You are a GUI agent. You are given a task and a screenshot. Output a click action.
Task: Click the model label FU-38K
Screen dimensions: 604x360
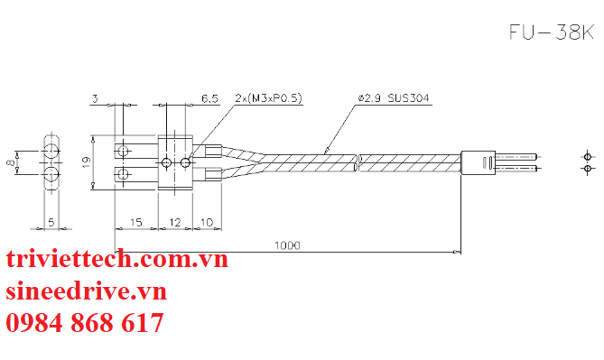(552, 32)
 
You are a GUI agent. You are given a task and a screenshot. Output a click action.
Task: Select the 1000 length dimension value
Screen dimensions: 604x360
(287, 245)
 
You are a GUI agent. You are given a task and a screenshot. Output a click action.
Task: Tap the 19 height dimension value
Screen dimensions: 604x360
(86, 162)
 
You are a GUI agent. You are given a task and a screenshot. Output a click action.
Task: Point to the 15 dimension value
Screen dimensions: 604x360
(136, 222)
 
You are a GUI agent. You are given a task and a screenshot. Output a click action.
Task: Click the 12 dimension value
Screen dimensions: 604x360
(174, 222)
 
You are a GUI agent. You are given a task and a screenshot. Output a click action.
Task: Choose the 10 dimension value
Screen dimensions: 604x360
(207, 222)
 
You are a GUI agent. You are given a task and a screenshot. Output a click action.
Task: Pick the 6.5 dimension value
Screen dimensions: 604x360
(210, 99)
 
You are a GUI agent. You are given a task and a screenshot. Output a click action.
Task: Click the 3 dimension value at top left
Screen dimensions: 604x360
(95, 98)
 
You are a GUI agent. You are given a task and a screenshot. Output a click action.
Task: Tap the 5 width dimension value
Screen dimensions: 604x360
(51, 222)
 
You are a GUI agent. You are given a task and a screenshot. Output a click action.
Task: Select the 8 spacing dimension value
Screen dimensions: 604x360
(12, 162)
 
